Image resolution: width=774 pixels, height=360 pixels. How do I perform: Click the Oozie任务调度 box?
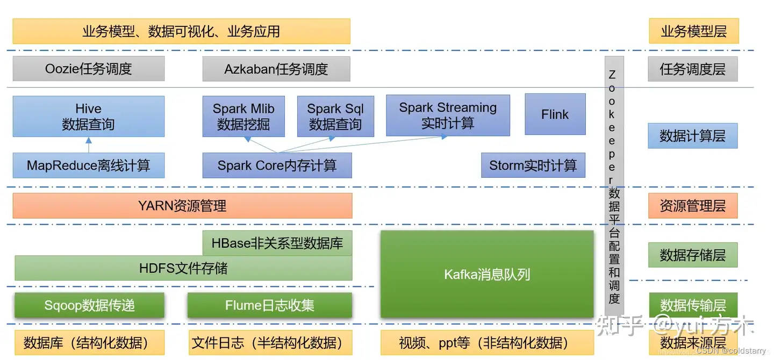click(x=89, y=69)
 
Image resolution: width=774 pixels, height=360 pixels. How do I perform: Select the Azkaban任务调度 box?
click(x=276, y=69)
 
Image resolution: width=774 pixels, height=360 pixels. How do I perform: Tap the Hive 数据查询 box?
click(x=89, y=117)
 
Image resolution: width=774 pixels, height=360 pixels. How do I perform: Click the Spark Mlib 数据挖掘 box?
click(x=243, y=117)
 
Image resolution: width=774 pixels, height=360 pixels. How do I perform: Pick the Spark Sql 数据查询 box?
click(x=335, y=117)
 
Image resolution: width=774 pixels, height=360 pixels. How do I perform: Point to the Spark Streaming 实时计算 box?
click(x=448, y=116)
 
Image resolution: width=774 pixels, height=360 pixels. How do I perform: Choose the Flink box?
click(x=555, y=114)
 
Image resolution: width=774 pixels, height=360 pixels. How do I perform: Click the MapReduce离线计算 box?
click(x=89, y=165)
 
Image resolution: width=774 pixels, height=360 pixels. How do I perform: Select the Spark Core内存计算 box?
click(x=277, y=165)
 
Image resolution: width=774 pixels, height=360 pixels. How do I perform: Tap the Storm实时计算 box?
click(x=533, y=165)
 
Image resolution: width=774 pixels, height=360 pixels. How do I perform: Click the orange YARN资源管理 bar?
click(x=182, y=206)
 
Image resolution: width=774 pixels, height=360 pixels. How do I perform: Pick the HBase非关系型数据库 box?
click(x=277, y=243)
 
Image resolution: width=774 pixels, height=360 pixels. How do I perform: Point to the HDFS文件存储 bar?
click(x=183, y=268)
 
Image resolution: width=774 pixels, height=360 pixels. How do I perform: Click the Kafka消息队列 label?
click(x=487, y=275)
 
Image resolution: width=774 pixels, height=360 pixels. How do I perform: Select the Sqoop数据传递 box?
click(x=89, y=305)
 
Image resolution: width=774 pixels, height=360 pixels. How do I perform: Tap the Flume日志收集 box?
click(x=270, y=305)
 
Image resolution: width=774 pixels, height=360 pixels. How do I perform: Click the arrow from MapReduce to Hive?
click(x=89, y=145)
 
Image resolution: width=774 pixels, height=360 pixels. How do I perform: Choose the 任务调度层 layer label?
click(x=693, y=69)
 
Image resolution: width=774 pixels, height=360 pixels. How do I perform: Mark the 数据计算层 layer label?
click(x=693, y=136)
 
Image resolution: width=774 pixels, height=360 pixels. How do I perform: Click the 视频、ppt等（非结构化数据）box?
click(x=487, y=343)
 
